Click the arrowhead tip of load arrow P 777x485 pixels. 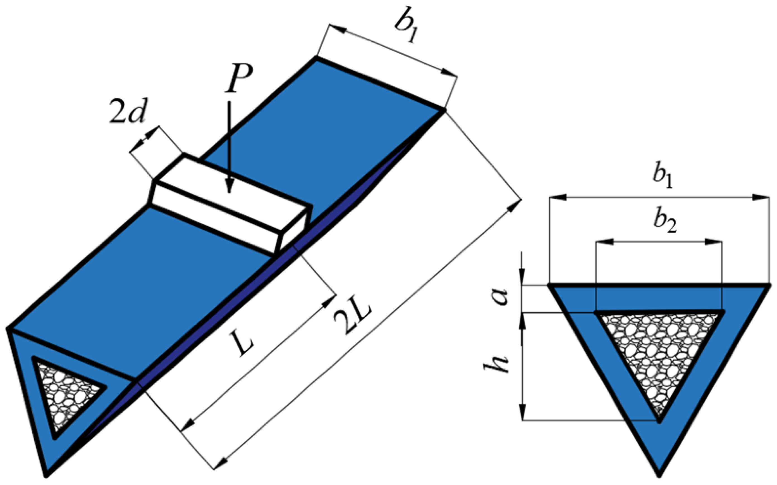point(229,192)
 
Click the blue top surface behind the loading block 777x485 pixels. point(321,128)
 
